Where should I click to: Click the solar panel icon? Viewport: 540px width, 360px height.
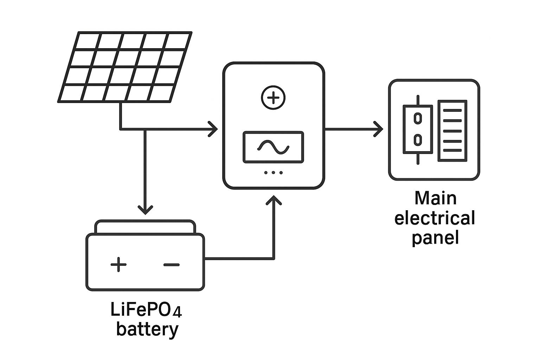(125, 67)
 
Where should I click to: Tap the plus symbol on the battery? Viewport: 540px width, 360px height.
(118, 264)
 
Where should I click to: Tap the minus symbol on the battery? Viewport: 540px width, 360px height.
(172, 265)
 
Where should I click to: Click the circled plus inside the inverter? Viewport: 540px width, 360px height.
(273, 98)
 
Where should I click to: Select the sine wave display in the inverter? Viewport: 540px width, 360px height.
(273, 147)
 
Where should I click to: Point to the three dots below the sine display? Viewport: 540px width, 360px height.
(273, 173)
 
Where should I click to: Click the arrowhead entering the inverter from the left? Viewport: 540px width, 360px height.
(213, 129)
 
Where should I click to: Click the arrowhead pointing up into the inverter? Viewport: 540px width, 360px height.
(274, 201)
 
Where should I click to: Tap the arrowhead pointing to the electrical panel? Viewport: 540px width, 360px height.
(379, 129)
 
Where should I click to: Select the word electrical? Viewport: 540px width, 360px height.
(435, 218)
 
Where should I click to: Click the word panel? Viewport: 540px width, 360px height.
(435, 238)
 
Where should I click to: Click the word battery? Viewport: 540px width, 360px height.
(147, 330)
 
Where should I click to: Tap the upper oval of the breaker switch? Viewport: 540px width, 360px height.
(418, 118)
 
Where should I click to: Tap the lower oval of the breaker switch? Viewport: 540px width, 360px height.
(418, 140)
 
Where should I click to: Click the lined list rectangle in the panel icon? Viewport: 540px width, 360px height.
(452, 131)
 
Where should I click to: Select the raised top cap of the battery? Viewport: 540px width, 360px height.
(145, 227)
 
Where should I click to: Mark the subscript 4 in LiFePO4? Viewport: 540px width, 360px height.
(178, 312)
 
